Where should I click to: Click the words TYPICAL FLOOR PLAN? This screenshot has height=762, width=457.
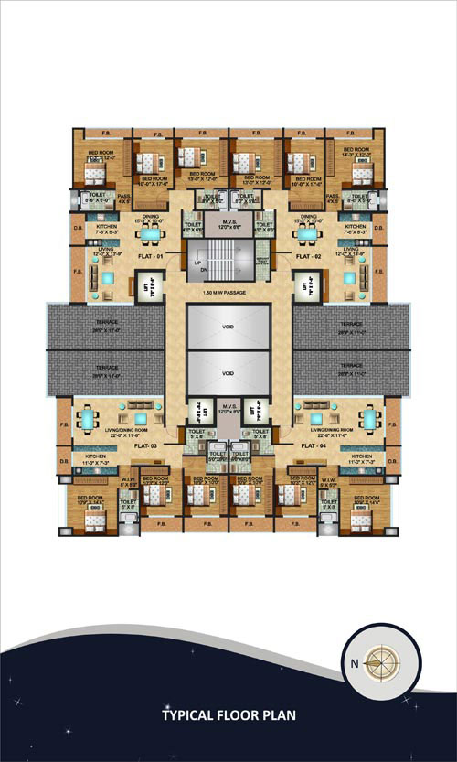[228, 715]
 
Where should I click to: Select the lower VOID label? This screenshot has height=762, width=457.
[228, 373]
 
